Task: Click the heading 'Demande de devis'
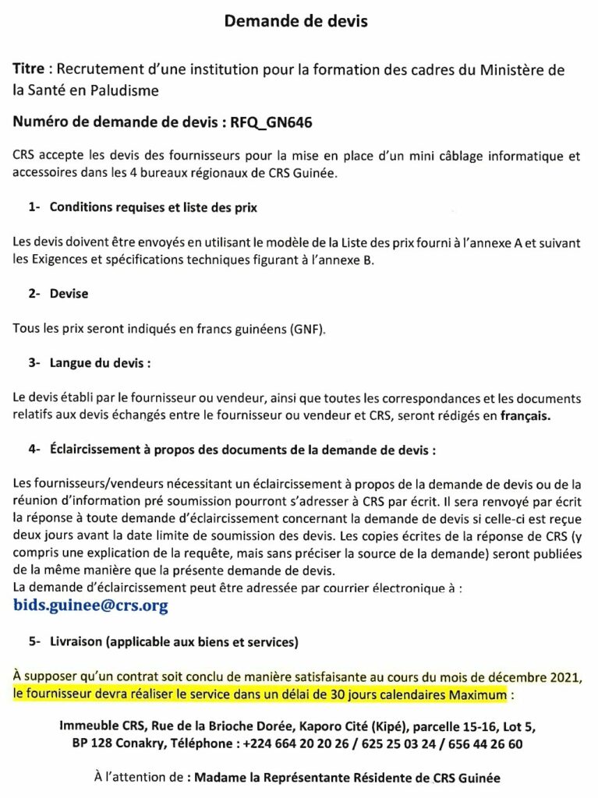[295, 22]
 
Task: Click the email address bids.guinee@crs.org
[90, 605]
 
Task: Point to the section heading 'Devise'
[69, 294]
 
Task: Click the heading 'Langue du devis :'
[99, 362]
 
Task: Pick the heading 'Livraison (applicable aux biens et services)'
[173, 642]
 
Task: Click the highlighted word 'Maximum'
[475, 693]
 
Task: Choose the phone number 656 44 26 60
[483, 743]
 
